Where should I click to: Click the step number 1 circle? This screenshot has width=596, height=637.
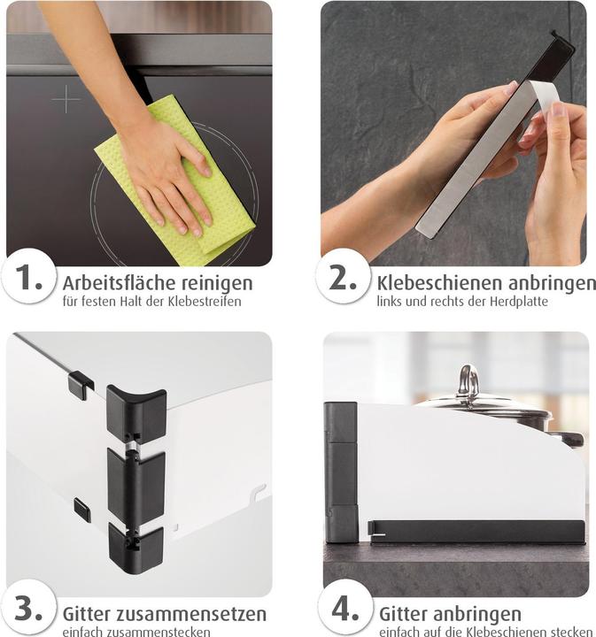(x=28, y=276)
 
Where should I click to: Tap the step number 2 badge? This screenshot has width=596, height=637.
(x=343, y=276)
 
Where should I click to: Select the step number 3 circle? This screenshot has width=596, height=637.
(x=28, y=608)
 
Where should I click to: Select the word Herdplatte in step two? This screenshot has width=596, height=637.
(x=519, y=302)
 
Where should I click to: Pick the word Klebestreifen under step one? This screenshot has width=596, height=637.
(x=205, y=302)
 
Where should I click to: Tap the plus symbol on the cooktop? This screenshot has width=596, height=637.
(x=66, y=99)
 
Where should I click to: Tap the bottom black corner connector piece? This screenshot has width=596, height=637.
(x=135, y=548)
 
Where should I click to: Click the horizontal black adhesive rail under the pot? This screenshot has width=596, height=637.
(x=476, y=533)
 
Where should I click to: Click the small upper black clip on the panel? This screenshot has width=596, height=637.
(x=80, y=385)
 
